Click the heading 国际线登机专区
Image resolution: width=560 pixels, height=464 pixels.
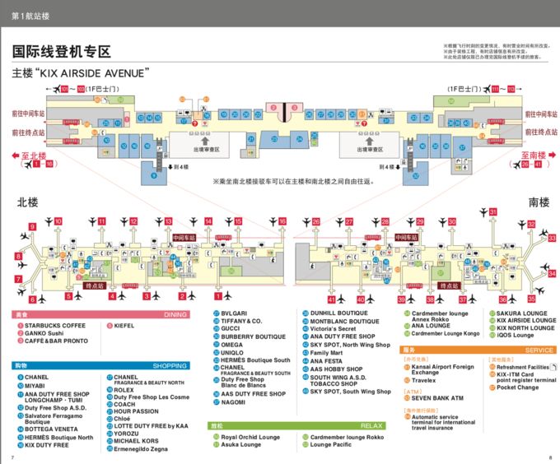(62, 52)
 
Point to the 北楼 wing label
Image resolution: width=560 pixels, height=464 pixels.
(28, 202)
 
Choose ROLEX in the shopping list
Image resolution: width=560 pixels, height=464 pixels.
(124, 390)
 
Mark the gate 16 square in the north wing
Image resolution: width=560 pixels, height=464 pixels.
(282, 221)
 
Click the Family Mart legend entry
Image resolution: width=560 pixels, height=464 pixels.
(327, 352)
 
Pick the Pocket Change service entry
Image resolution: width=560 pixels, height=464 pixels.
(518, 387)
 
